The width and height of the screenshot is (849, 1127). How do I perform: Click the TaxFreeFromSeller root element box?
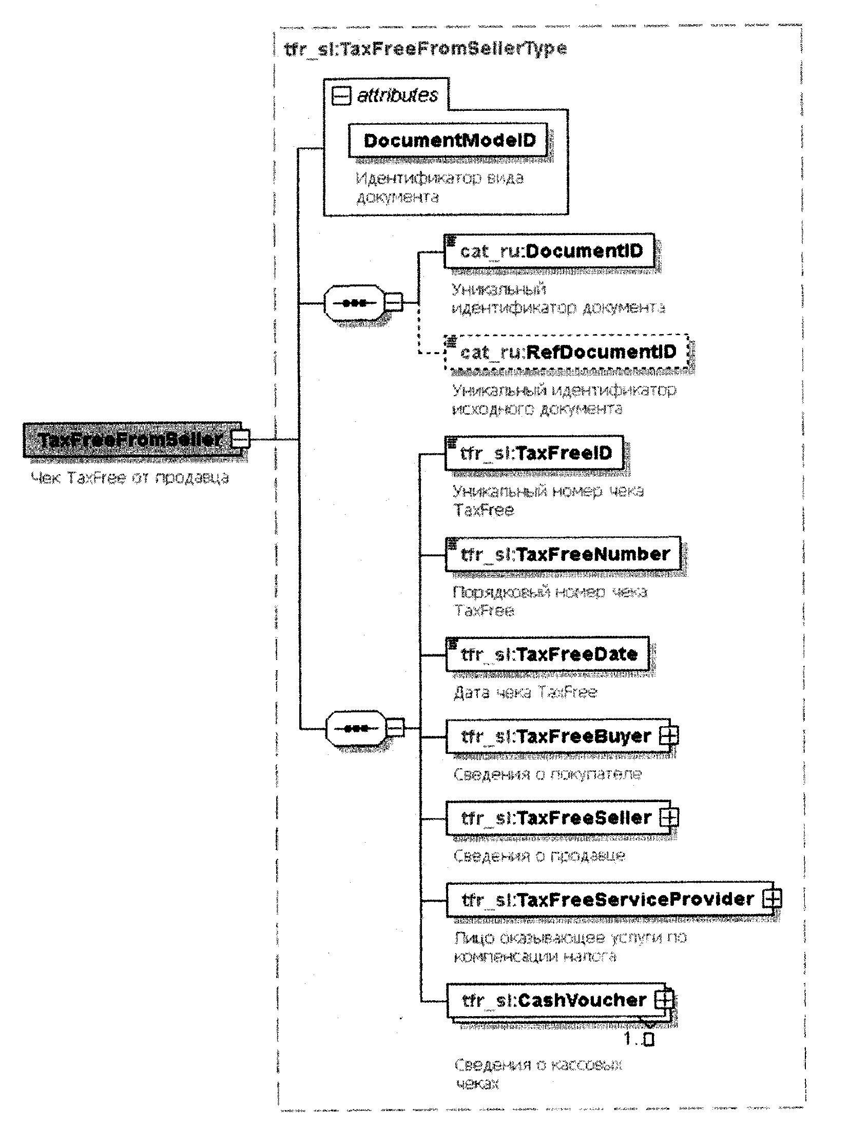point(128,440)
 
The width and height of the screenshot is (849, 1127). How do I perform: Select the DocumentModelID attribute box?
point(448,140)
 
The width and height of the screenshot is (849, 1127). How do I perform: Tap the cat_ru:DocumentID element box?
point(549,251)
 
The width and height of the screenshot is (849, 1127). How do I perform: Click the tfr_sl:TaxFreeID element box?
point(534,453)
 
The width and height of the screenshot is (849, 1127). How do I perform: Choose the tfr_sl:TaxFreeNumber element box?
point(563,554)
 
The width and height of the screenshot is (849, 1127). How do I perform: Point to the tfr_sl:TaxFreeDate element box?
point(547,654)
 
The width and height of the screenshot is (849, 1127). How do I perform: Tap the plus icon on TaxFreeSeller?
point(668,818)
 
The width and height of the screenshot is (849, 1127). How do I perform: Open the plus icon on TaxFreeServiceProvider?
point(771,899)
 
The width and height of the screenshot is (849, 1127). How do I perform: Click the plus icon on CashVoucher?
point(664,999)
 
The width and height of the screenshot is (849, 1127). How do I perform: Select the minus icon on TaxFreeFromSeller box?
point(240,440)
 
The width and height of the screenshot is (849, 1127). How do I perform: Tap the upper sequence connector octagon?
point(354,303)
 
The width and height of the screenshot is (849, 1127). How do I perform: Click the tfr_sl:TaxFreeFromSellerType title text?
point(425,49)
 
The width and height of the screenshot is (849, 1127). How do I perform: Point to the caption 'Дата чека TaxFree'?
point(525,693)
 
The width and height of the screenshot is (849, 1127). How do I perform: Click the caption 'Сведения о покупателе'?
point(547,774)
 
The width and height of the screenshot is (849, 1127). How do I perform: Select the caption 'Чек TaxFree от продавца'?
point(130,478)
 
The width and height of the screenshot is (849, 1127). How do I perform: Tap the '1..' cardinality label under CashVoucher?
point(639,1040)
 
